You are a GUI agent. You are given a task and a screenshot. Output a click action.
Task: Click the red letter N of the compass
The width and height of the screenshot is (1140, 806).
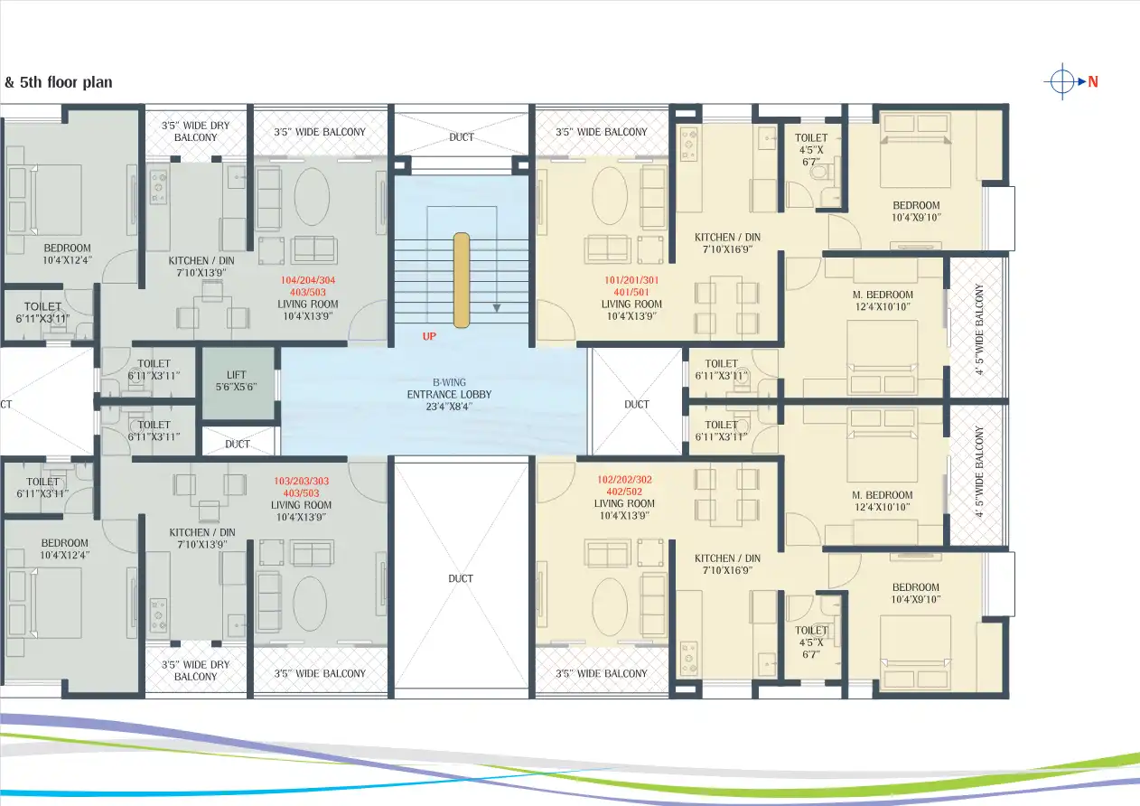1092,81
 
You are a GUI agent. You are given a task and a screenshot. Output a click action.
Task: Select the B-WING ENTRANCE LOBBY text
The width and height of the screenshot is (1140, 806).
448,395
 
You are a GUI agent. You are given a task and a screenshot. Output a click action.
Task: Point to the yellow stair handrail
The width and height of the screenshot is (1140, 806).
462,280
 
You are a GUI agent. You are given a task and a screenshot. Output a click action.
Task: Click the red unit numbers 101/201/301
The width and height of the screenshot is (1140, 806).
631,281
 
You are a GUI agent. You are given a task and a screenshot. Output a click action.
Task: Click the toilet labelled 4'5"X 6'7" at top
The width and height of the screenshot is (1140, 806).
810,149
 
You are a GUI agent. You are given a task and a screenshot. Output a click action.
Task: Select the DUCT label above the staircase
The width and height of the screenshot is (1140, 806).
461,137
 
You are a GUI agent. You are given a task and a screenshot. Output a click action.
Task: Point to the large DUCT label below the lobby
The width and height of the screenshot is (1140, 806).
461,578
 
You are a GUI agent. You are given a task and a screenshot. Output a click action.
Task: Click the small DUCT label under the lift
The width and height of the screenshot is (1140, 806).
238,444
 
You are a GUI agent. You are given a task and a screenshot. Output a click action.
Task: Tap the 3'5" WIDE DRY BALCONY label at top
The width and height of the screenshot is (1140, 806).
195,131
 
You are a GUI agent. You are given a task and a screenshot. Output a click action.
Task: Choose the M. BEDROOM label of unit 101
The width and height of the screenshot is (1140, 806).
882,301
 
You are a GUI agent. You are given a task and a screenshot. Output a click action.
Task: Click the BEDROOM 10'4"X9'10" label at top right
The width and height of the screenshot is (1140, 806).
916,211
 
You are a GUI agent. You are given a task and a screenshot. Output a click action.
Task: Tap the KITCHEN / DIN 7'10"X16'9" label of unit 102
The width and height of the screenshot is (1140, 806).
727,565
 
